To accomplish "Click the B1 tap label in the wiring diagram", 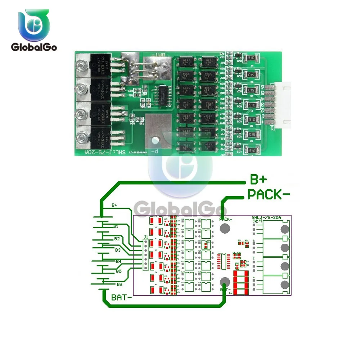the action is (116, 226).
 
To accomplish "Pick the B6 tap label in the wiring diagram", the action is (120, 284).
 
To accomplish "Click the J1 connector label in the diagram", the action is (145, 237).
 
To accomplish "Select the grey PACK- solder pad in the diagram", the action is (225, 228).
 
